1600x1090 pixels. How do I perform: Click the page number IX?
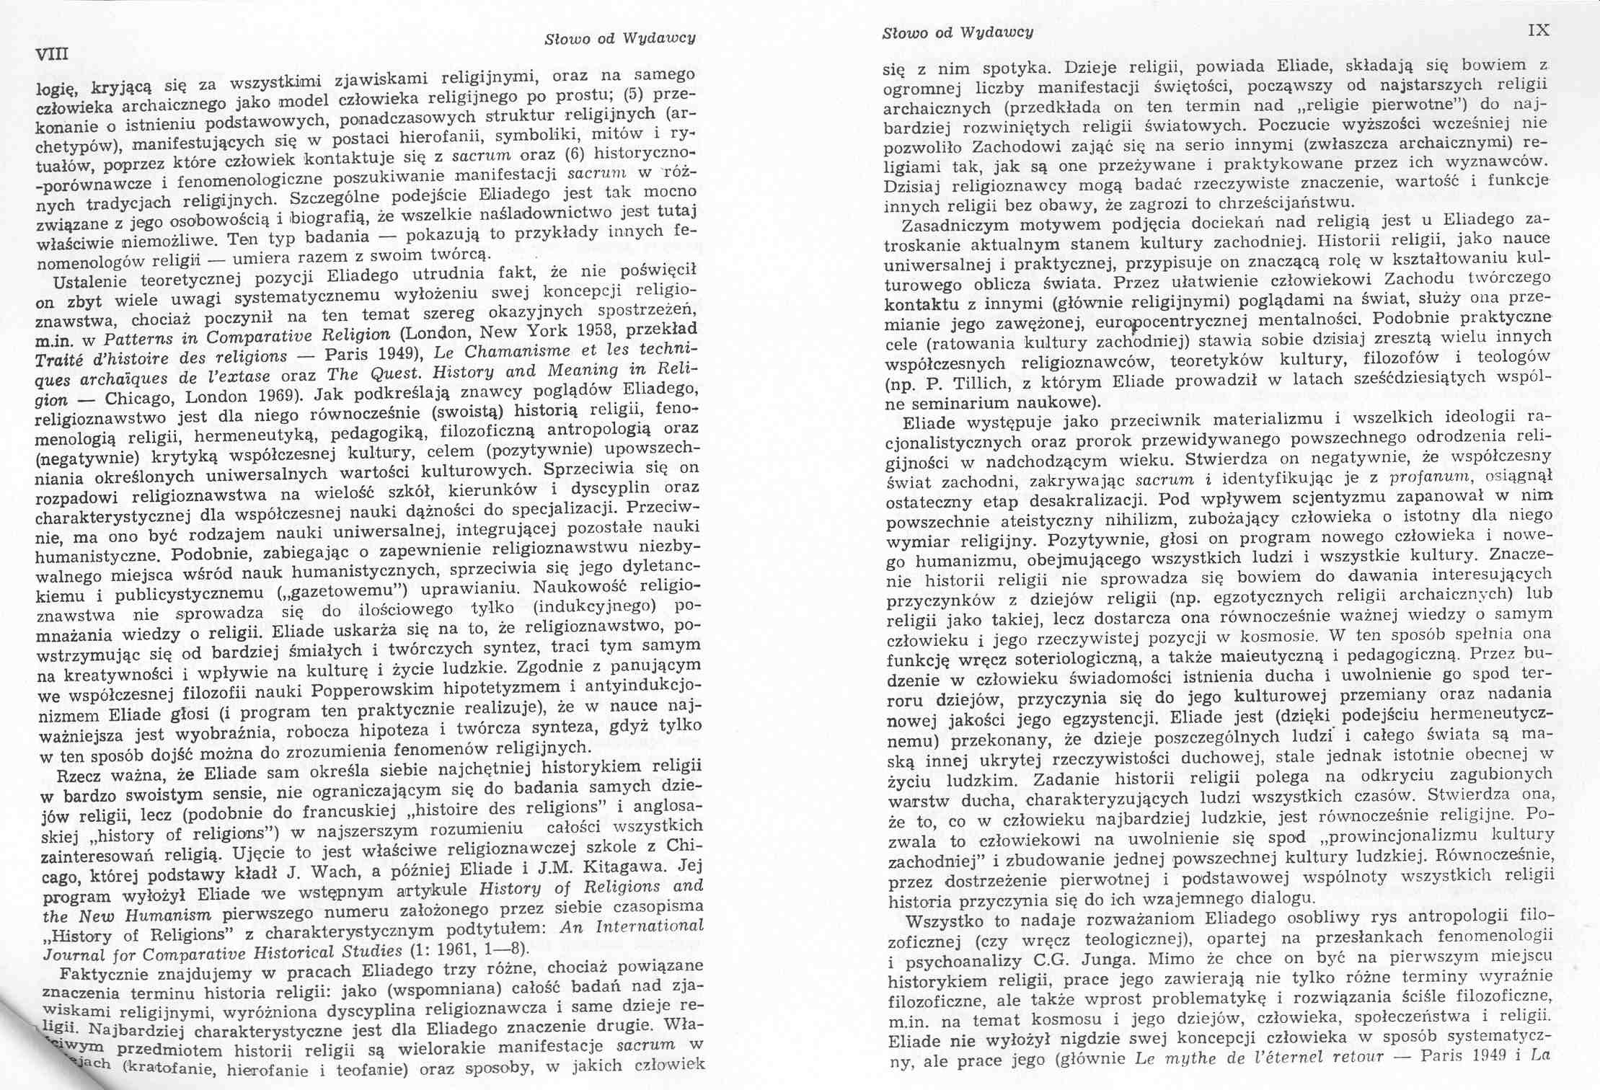(1539, 30)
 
